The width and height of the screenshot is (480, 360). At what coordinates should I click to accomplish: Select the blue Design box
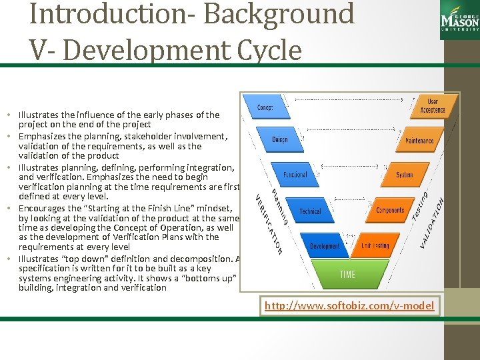[x=280, y=139]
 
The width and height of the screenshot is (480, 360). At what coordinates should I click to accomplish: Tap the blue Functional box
[x=295, y=174]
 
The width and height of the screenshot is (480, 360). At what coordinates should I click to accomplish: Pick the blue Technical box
[x=310, y=211]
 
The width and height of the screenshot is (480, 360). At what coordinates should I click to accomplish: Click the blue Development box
[x=325, y=245]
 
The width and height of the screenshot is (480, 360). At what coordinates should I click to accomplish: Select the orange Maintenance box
[x=419, y=141]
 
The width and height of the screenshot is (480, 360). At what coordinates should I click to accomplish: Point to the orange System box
[x=404, y=175]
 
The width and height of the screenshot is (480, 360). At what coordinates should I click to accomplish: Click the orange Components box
[x=389, y=210]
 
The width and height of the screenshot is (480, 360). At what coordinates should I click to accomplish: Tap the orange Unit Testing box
[x=375, y=245]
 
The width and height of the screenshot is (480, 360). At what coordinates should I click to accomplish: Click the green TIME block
[x=347, y=275]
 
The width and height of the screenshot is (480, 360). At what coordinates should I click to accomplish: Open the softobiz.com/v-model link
[x=349, y=306]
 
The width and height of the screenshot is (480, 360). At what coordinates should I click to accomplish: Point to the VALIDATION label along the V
[x=433, y=224]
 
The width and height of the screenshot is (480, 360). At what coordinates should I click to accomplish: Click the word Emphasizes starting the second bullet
[x=43, y=137]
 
